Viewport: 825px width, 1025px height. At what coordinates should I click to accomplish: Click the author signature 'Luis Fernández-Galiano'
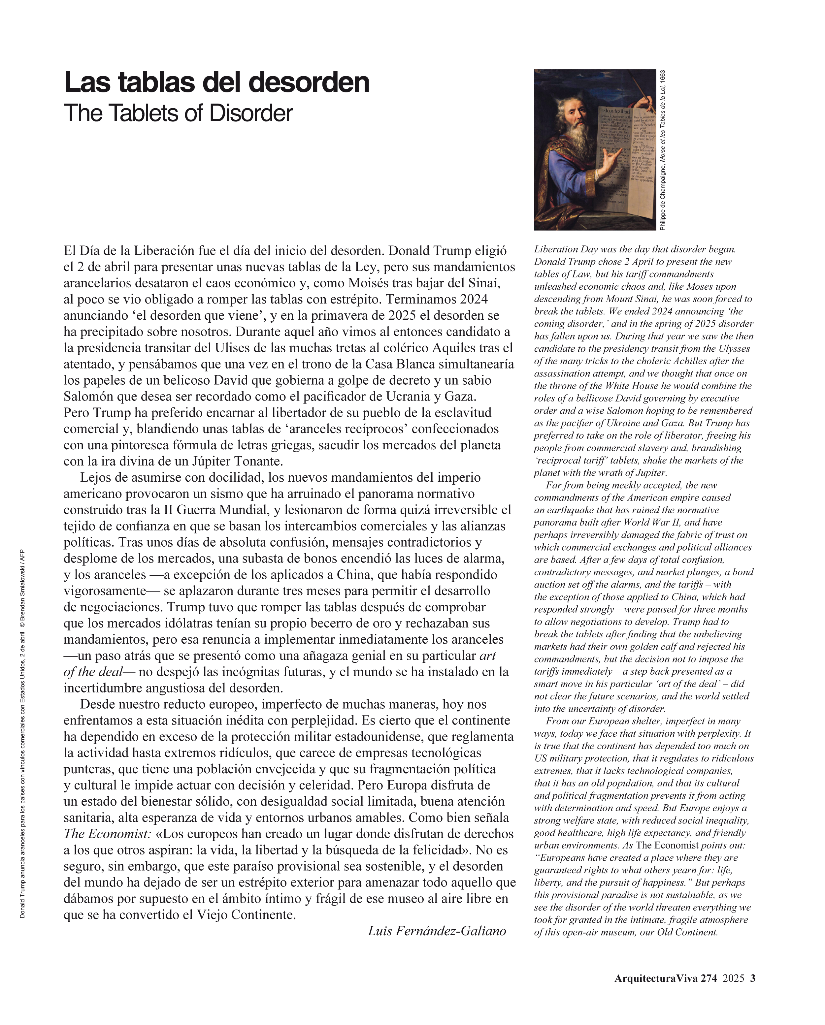point(437,930)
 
